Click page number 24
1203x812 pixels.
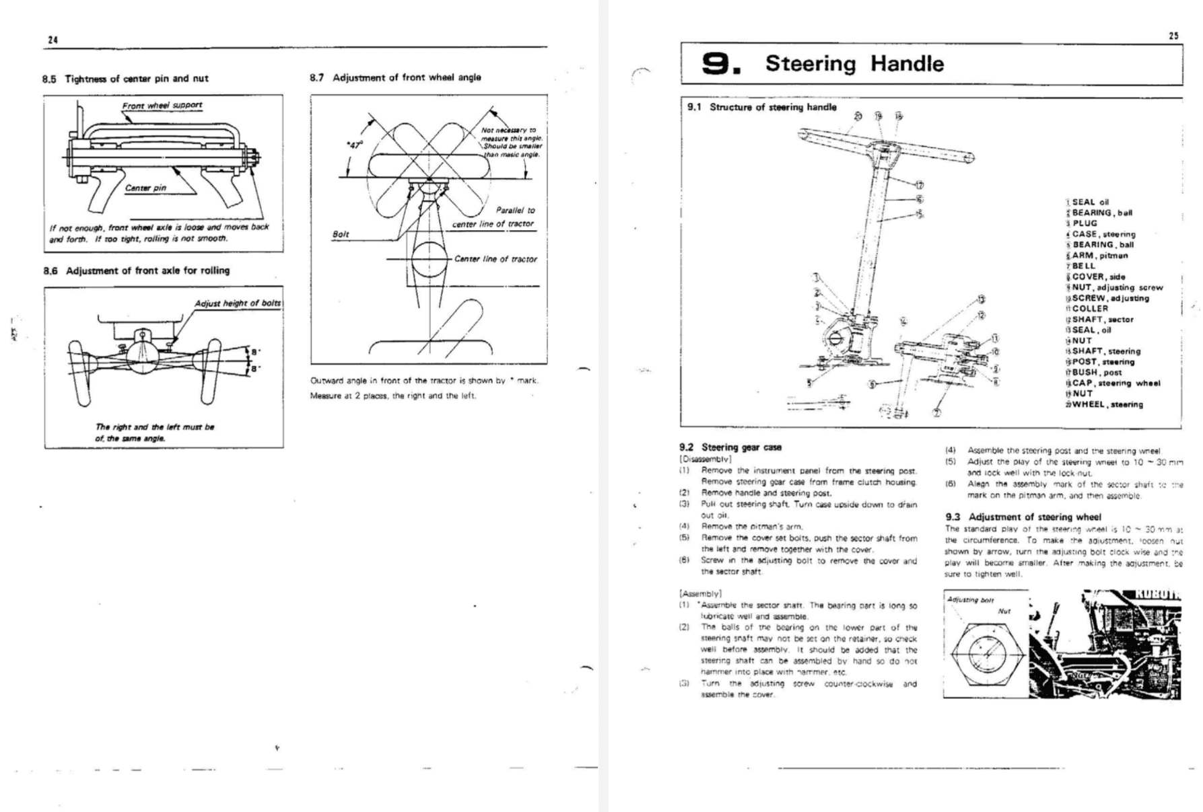pos(53,40)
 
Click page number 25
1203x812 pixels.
pos(1173,36)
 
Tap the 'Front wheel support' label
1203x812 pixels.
pos(162,105)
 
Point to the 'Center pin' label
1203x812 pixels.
pos(145,188)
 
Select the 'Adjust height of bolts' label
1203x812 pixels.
pos(238,303)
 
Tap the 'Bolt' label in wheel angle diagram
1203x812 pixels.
pos(341,234)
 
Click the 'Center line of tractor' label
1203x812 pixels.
pos(495,259)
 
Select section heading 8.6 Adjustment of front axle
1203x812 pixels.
pos(136,270)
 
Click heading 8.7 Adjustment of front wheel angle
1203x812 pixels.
pos(395,77)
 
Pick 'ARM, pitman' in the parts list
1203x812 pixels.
pos(1099,256)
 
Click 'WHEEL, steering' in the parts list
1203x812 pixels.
pos(1107,404)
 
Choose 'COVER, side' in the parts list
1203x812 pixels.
pos(1098,276)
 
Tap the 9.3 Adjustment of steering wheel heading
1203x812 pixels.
pos(1023,517)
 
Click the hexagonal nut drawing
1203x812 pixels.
pos(988,651)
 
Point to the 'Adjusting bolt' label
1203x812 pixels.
pos(970,600)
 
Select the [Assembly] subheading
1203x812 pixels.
pos(700,593)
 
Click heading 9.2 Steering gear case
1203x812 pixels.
pos(730,447)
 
